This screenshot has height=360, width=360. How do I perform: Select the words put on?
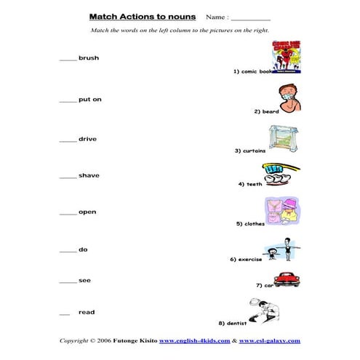click(x=89, y=100)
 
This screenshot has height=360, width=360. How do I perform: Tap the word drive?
click(x=87, y=138)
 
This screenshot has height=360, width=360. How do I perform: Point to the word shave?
click(x=89, y=175)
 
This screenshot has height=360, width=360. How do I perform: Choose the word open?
click(x=87, y=212)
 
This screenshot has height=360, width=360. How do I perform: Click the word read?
click(x=87, y=312)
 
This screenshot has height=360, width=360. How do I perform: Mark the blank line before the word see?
click(x=68, y=282)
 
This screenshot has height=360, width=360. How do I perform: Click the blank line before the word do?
click(x=68, y=251)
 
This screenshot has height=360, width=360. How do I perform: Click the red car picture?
click(x=288, y=279)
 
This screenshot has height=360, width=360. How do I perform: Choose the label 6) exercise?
click(x=245, y=259)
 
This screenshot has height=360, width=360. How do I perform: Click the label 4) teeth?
click(x=249, y=184)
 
